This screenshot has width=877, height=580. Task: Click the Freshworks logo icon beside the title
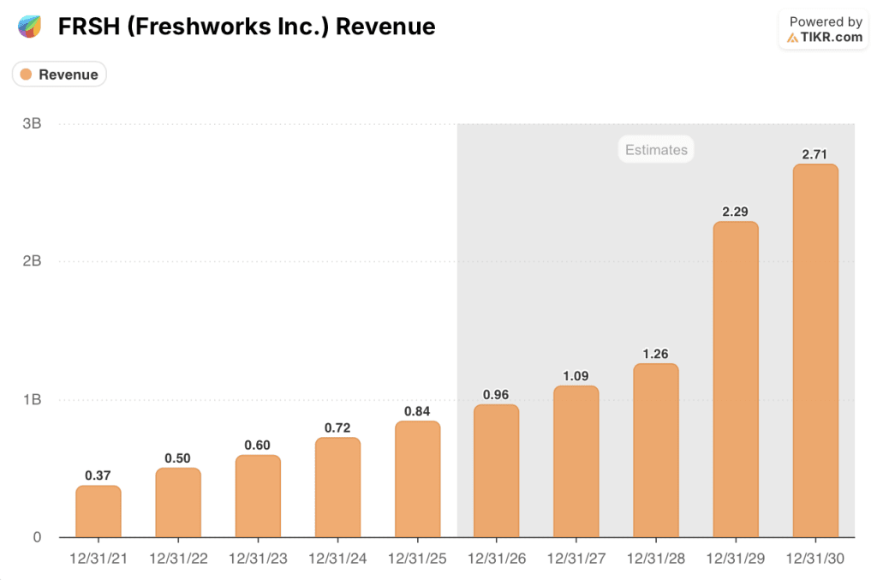pyautogui.click(x=29, y=27)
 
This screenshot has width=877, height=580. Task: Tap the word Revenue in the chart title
pyautogui.click(x=385, y=27)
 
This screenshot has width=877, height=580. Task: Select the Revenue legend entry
pyautogui.click(x=59, y=75)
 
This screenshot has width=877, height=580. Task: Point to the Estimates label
pyautogui.click(x=656, y=150)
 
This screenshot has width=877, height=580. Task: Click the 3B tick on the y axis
pyautogui.click(x=32, y=123)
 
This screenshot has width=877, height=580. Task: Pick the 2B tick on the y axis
pyautogui.click(x=32, y=261)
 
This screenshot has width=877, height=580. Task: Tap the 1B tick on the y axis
pyautogui.click(x=32, y=400)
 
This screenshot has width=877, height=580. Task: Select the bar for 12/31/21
pyautogui.click(x=98, y=511)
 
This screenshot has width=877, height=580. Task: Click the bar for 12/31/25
pyautogui.click(x=417, y=480)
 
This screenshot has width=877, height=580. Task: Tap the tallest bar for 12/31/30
pyautogui.click(x=815, y=351)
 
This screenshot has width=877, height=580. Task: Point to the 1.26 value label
pyautogui.click(x=656, y=354)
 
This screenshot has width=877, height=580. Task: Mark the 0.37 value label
pyautogui.click(x=98, y=475)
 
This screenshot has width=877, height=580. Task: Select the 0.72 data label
pyautogui.click(x=337, y=428)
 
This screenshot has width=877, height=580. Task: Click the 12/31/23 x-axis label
pyautogui.click(x=258, y=559)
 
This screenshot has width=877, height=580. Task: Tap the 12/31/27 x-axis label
pyautogui.click(x=576, y=559)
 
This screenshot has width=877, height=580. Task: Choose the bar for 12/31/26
pyautogui.click(x=497, y=471)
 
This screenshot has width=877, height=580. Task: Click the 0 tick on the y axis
pyautogui.click(x=37, y=537)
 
